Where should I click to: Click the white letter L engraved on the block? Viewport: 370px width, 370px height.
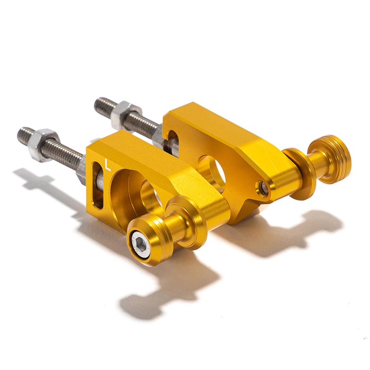[x=108, y=165]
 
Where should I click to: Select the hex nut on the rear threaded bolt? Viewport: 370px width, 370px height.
[x=126, y=115]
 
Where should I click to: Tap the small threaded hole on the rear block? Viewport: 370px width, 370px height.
[x=262, y=187]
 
